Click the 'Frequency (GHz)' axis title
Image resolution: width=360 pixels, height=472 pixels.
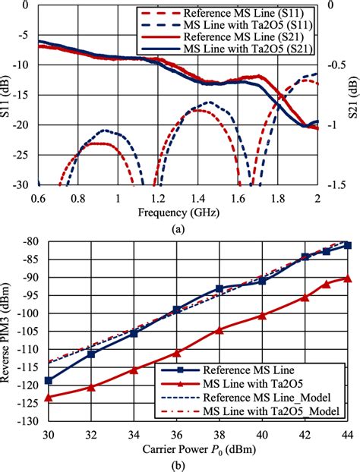click(x=180, y=213)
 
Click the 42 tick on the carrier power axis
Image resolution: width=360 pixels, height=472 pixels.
click(x=305, y=434)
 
